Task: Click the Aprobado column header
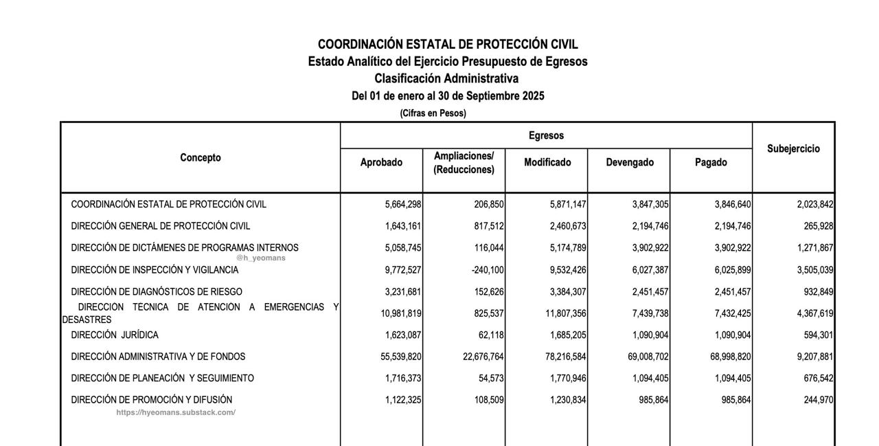[381, 163]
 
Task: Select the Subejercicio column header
[793, 148]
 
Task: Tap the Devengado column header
[630, 163]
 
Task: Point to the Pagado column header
[711, 163]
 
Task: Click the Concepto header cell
[201, 157]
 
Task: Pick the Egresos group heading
[546, 135]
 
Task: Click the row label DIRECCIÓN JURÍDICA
[115, 335]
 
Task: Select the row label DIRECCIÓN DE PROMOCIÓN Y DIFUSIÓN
[152, 400]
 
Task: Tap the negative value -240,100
[488, 270]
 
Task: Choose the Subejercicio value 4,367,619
[815, 314]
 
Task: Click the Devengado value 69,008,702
[646, 357]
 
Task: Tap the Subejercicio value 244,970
[819, 400]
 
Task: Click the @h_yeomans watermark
[261, 258]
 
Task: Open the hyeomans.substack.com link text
[176, 412]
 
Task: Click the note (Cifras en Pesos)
[433, 113]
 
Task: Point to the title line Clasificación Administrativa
[446, 78]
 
